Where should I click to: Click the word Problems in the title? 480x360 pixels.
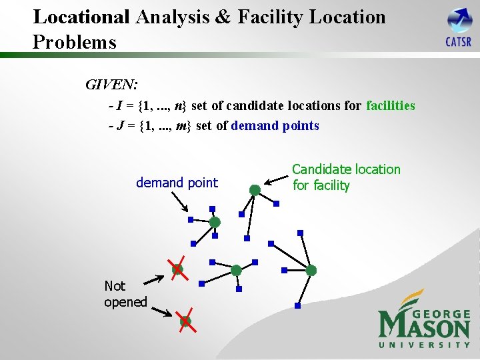74,43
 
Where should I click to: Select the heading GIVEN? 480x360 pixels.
111,85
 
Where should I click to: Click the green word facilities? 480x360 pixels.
390,105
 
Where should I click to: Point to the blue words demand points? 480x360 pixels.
275,125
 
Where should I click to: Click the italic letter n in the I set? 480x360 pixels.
177,105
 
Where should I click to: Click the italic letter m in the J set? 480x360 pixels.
180,125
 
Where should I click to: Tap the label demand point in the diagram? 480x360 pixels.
177,182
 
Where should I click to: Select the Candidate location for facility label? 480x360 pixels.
346,177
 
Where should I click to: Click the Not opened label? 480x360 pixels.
125,294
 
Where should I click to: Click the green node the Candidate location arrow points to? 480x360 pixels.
255,190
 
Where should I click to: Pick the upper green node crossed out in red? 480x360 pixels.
177,269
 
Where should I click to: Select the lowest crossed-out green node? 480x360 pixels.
185,321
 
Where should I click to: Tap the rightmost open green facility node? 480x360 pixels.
311,270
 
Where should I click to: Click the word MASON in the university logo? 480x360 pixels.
424,326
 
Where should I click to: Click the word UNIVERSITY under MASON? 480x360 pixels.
424,344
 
